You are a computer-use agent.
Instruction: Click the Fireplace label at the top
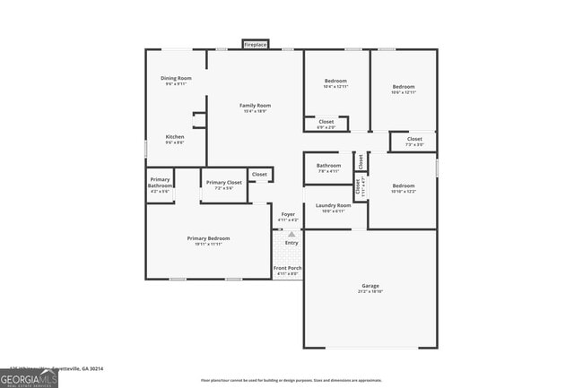(256, 44)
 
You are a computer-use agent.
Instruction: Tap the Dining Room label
(176, 79)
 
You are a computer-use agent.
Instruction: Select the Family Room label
(256, 106)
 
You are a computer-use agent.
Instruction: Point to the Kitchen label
(175, 137)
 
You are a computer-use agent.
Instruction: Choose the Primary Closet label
(224, 183)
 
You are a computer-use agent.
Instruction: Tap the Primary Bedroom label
(208, 238)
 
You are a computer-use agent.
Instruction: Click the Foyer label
(288, 214)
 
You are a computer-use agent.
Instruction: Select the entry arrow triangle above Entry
(291, 234)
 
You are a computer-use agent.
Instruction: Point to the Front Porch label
(288, 268)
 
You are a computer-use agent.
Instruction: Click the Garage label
(370, 286)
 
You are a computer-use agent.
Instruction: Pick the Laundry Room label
(333, 206)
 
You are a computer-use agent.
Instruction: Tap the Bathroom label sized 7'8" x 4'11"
(328, 165)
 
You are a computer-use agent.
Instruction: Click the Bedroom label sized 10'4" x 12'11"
(335, 82)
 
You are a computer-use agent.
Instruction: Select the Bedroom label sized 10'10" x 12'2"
(403, 186)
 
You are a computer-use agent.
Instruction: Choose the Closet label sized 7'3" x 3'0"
(414, 140)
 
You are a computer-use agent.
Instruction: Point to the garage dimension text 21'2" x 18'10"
(370, 292)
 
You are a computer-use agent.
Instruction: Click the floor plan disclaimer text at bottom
(291, 381)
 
